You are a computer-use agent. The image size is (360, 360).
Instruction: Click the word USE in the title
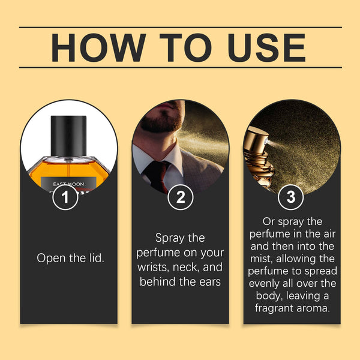point(260,47)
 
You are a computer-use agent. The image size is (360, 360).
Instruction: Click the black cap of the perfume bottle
point(69,134)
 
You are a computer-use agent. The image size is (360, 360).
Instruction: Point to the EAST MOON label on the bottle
point(69,183)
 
